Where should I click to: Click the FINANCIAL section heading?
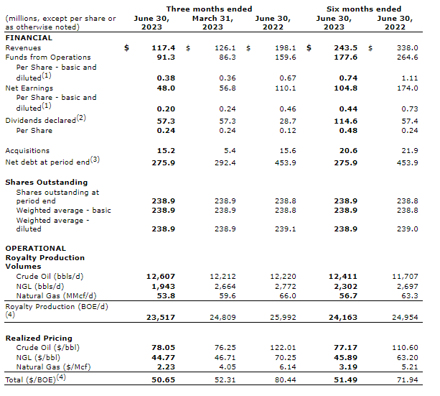(29, 37)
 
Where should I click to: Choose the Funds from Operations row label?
(48, 57)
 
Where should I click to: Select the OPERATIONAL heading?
(35, 249)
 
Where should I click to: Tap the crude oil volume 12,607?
(161, 276)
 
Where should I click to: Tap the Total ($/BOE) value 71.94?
(406, 379)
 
